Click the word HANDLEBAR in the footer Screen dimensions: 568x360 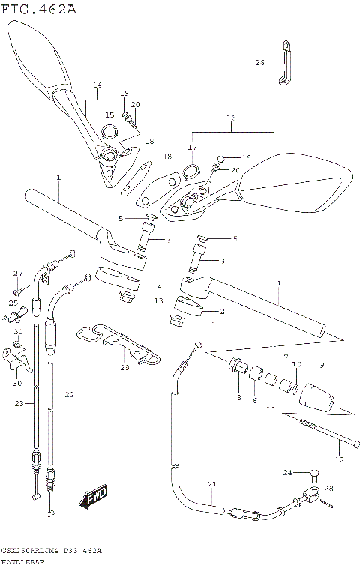tap(22, 561)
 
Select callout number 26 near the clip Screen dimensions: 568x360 tap(259, 63)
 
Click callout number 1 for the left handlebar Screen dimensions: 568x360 tap(58, 178)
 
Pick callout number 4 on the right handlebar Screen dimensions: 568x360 tap(277, 283)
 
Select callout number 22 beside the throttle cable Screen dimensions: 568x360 tap(68, 394)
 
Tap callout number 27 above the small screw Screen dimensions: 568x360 tap(19, 273)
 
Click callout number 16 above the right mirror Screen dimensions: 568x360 tap(231, 118)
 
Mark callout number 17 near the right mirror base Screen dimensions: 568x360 tap(192, 147)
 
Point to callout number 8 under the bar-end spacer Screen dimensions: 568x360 tap(238, 397)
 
